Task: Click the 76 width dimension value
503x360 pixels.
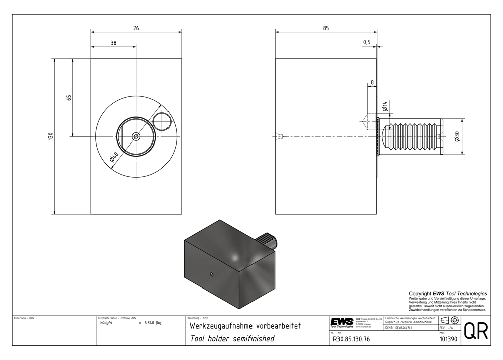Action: [136, 28]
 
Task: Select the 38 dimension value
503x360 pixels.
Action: [113, 43]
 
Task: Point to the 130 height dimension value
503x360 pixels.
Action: [50, 136]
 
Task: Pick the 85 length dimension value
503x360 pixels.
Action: [326, 28]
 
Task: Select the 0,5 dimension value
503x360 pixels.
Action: [366, 43]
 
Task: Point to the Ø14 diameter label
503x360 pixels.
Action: [385, 106]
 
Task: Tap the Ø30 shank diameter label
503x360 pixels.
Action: [457, 136]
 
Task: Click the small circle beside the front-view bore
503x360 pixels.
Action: [162, 121]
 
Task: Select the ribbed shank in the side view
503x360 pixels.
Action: [410, 136]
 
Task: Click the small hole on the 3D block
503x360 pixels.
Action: [212, 274]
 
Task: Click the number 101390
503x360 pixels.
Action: [448, 339]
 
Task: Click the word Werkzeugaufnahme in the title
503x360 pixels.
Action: [221, 326]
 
